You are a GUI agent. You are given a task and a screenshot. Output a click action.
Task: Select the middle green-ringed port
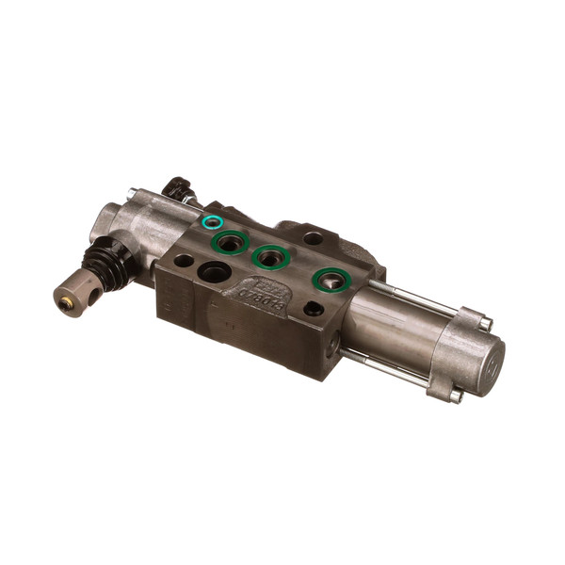coord(270,257)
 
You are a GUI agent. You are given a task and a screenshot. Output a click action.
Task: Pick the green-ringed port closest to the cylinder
coord(330,279)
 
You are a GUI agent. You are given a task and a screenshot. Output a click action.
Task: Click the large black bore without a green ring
coord(214,274)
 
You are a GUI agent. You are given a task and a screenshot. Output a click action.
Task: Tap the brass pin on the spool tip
coord(65,304)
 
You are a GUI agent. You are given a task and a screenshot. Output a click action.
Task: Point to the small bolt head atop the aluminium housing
coord(132,195)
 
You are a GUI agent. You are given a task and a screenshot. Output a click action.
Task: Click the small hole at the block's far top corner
coord(314,237)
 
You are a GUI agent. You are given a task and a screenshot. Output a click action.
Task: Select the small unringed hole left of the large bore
coord(184,261)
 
